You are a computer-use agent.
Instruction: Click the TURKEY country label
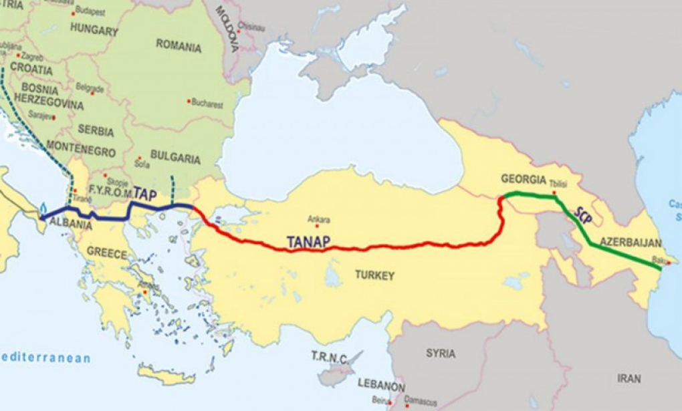tap(374, 275)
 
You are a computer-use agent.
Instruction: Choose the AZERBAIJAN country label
tap(631, 242)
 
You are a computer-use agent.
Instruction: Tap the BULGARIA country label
tap(176, 159)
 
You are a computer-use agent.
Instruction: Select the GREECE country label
tap(107, 254)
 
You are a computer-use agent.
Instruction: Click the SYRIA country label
tap(441, 353)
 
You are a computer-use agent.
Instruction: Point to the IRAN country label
tap(629, 378)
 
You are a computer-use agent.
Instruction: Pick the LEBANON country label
tap(381, 386)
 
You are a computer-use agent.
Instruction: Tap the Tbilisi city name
tap(557, 182)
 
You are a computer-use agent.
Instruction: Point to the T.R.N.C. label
tap(329, 358)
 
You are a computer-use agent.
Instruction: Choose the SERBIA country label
tap(96, 130)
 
